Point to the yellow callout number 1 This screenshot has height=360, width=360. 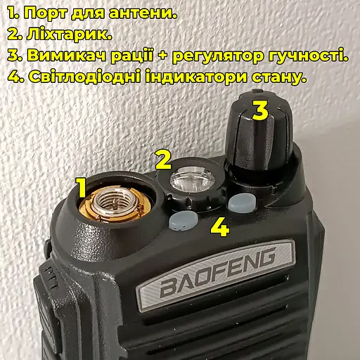[81, 188]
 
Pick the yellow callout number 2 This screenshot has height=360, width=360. [163, 159]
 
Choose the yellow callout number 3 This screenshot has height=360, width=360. [259, 110]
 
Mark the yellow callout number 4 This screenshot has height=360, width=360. [219, 227]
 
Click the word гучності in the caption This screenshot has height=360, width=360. [309, 55]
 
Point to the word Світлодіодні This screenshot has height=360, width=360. [84, 77]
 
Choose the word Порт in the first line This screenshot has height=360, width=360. [46, 12]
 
